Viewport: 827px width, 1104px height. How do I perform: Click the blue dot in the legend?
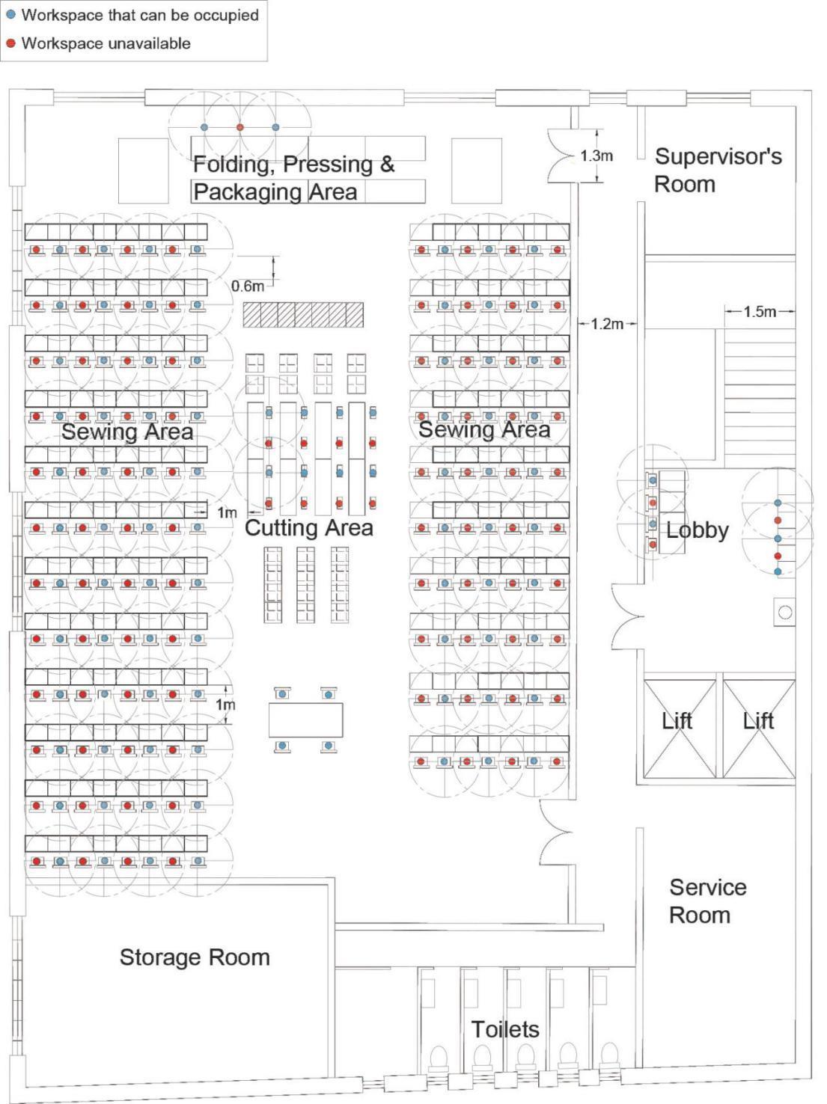click(x=10, y=15)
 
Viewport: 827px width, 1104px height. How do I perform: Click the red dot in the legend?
click(x=10, y=43)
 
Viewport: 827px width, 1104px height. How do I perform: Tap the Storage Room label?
click(x=195, y=957)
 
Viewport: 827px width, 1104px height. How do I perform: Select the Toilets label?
click(x=505, y=1029)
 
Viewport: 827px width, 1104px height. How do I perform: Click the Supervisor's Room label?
click(x=718, y=170)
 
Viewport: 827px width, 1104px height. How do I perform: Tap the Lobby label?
click(x=697, y=530)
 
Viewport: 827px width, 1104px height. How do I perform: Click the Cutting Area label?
click(x=308, y=528)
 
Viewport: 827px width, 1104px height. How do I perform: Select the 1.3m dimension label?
click(x=596, y=156)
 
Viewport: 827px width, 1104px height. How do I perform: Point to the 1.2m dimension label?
click(x=606, y=324)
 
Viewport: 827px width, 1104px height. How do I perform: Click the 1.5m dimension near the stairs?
click(x=760, y=311)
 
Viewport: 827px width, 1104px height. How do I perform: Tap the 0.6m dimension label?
click(x=248, y=286)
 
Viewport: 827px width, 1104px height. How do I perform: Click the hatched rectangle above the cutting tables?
click(x=303, y=315)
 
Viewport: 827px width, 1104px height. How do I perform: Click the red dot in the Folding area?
click(x=240, y=128)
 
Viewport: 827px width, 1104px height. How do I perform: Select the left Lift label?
click(x=677, y=720)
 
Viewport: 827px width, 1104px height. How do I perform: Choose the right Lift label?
click(x=758, y=720)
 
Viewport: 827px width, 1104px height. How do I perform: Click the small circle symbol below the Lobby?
click(x=785, y=613)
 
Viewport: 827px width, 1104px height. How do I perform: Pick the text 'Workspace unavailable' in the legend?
click(x=106, y=43)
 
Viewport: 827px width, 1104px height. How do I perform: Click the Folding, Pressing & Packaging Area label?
click(x=293, y=178)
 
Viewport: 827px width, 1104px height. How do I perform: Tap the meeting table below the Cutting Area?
click(x=305, y=720)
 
